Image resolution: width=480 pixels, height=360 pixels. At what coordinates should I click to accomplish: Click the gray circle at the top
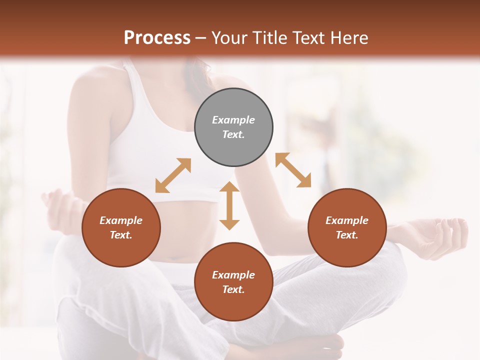tap(233, 127)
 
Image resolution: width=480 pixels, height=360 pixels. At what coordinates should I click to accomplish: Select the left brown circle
tap(121, 227)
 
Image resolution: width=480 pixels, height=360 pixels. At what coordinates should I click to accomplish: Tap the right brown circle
tap(347, 227)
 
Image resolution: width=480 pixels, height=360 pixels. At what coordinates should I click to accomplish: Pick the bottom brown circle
tap(233, 282)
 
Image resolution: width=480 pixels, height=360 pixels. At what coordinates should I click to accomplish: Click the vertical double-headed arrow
tap(229, 205)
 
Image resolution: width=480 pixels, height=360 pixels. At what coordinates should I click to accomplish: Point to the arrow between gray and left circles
tap(173, 175)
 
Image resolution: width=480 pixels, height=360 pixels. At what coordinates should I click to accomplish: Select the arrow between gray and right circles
tap(293, 170)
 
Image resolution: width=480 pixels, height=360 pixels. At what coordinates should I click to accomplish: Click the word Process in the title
tap(157, 37)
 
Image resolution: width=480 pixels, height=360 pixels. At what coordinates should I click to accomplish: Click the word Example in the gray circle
tap(233, 120)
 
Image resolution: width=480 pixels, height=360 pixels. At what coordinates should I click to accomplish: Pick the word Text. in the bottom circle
tap(233, 289)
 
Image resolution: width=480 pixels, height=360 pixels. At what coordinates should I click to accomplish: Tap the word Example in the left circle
tap(121, 220)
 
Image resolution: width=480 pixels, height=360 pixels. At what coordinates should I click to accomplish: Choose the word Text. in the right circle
tap(347, 235)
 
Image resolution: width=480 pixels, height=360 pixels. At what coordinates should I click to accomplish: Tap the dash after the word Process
tap(201, 38)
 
